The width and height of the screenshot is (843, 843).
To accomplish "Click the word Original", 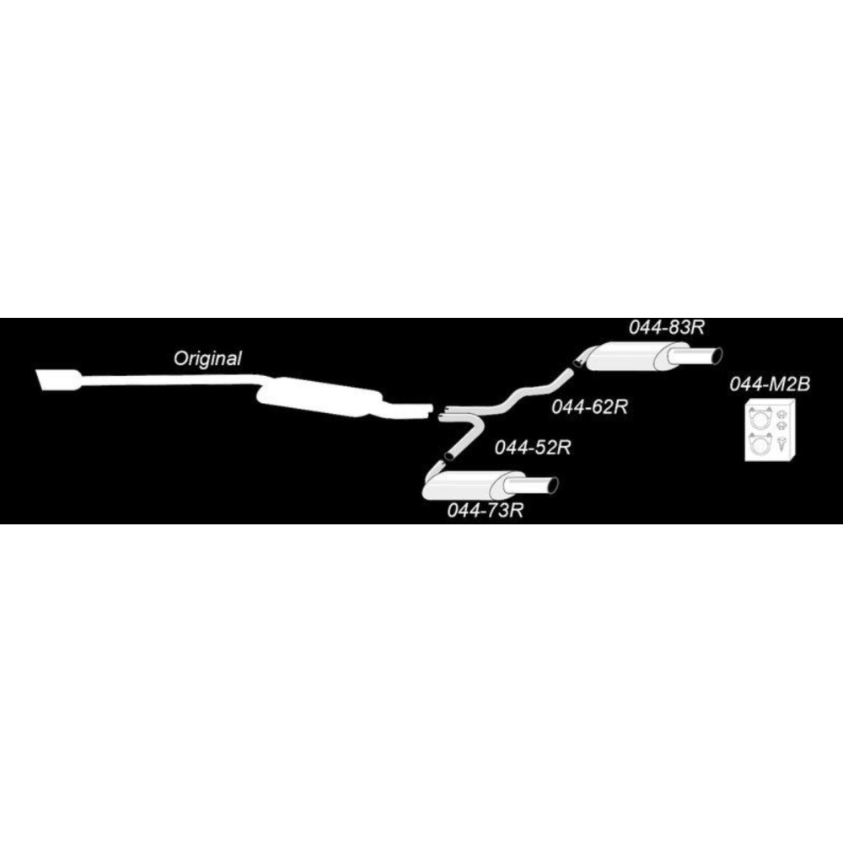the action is pos(207,358).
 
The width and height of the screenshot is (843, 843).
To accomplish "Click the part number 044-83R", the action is pos(667,327).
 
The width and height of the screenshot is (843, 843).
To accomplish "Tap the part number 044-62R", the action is pos(589,407).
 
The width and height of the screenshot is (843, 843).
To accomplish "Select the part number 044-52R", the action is pos(532,448).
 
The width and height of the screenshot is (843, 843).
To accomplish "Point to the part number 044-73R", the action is pos(485,510).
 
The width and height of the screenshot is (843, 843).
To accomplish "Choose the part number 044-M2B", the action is pos(770,384).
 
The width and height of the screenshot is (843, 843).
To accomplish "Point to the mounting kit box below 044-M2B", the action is pos(770,431).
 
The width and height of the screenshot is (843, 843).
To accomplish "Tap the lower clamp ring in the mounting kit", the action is pos(760,443).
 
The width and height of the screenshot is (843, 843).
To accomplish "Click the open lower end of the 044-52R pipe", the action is pos(449,455).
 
